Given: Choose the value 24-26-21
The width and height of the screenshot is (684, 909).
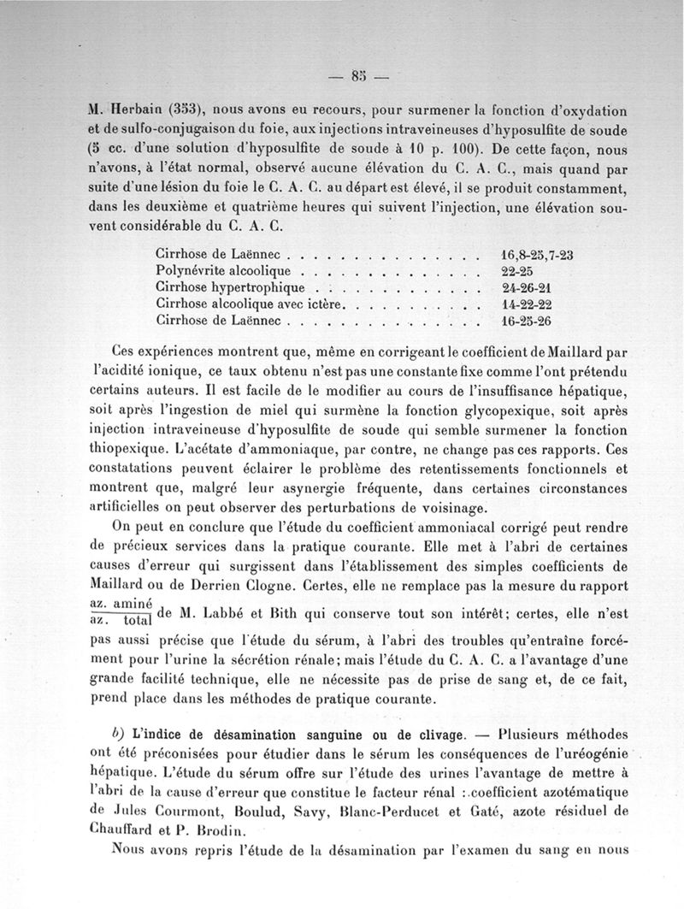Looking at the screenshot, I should tap(526, 288).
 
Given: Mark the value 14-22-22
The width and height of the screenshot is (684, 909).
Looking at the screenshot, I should tap(526, 304).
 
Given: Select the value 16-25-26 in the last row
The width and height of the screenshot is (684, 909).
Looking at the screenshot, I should tap(526, 321).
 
